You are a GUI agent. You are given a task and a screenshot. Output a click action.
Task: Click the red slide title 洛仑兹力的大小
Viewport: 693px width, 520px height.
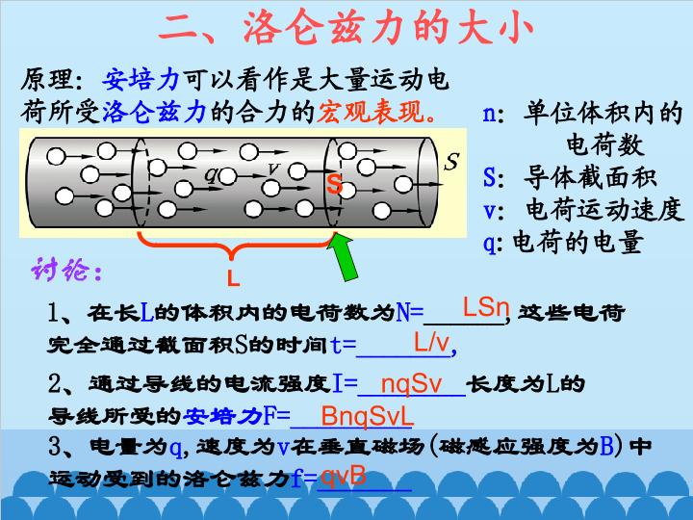[389, 27]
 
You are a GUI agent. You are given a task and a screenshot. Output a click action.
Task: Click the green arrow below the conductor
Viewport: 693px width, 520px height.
[344, 256]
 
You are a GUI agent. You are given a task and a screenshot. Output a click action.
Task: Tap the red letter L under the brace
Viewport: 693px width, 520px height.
[233, 277]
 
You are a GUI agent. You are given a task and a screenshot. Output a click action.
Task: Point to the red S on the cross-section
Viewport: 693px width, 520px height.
[335, 184]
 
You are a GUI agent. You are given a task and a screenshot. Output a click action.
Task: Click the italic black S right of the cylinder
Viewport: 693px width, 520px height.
[451, 162]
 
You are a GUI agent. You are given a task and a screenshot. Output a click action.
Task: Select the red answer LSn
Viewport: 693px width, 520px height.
[486, 306]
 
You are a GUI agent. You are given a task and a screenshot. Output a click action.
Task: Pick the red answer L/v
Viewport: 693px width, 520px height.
[431, 342]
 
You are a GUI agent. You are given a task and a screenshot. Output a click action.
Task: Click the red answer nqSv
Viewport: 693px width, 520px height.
[411, 384]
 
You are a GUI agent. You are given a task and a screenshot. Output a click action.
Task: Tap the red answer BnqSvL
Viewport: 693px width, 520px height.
[367, 416]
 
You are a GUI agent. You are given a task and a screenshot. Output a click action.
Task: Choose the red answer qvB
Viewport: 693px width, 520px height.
[343, 477]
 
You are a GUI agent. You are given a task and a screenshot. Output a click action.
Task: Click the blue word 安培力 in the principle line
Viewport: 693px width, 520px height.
[141, 80]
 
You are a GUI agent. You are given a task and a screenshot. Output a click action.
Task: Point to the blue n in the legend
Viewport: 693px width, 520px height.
[490, 115]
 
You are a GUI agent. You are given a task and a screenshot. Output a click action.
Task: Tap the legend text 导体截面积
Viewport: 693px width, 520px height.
[590, 177]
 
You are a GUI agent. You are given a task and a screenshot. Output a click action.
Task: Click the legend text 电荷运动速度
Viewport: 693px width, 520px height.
[604, 209]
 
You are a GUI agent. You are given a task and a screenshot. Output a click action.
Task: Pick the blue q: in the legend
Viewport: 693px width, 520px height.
[493, 243]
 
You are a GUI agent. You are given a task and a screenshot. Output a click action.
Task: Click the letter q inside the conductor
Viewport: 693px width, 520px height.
[211, 175]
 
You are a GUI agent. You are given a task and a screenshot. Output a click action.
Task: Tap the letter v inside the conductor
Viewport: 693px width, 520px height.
[274, 168]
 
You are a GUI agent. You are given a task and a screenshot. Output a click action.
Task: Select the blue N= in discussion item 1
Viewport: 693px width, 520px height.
[410, 312]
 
